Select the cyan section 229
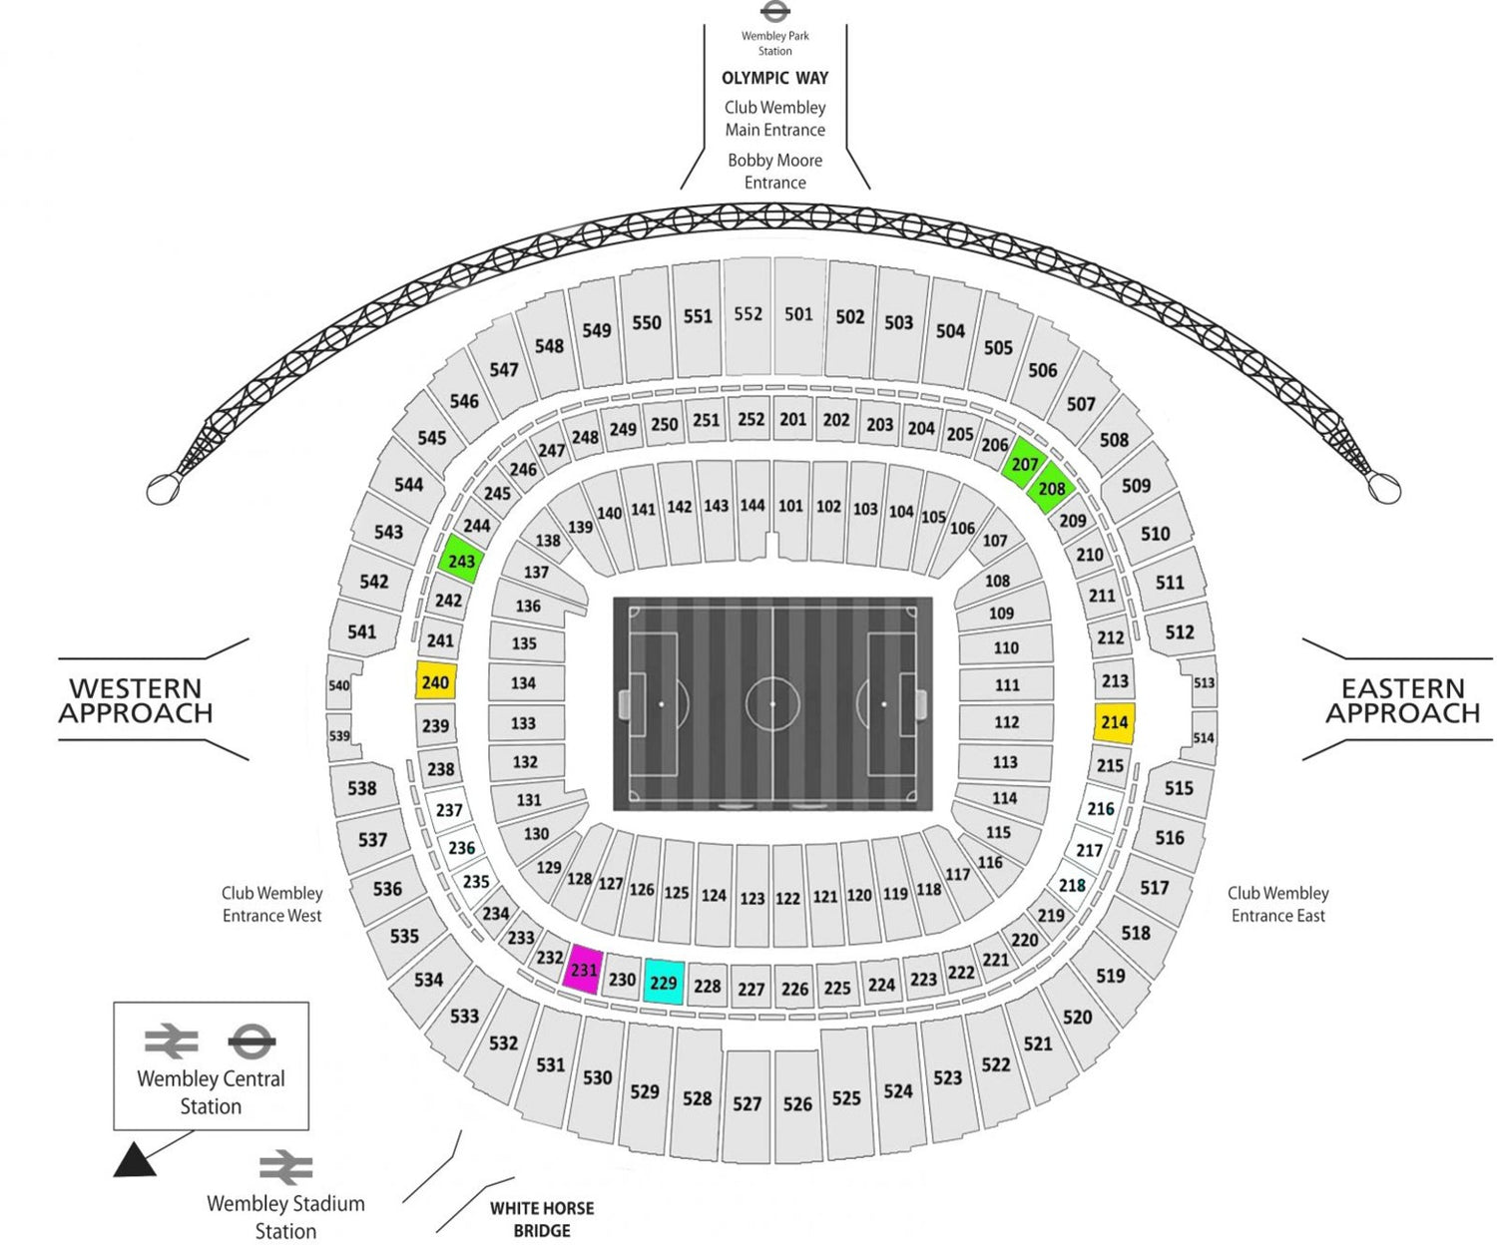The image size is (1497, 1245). click(x=664, y=982)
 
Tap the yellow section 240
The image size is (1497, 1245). click(x=435, y=680)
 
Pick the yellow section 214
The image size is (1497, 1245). click(x=1114, y=722)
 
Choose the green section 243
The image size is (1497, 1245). click(x=461, y=560)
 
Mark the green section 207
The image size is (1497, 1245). click(x=1025, y=464)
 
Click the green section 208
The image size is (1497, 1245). click(x=1051, y=488)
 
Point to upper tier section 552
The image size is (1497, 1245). click(x=748, y=315)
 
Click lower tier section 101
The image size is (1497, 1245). click(x=790, y=508)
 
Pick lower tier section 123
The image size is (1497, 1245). click(x=752, y=895)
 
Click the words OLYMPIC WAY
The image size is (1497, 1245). click(x=775, y=78)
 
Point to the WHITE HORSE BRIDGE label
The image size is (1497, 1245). click(x=542, y=1219)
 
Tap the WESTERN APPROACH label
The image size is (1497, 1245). click(x=136, y=700)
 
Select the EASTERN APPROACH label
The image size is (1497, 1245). click(x=1403, y=700)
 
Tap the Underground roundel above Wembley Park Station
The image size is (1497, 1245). click(x=775, y=11)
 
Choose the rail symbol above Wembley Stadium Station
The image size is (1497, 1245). click(x=286, y=1167)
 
